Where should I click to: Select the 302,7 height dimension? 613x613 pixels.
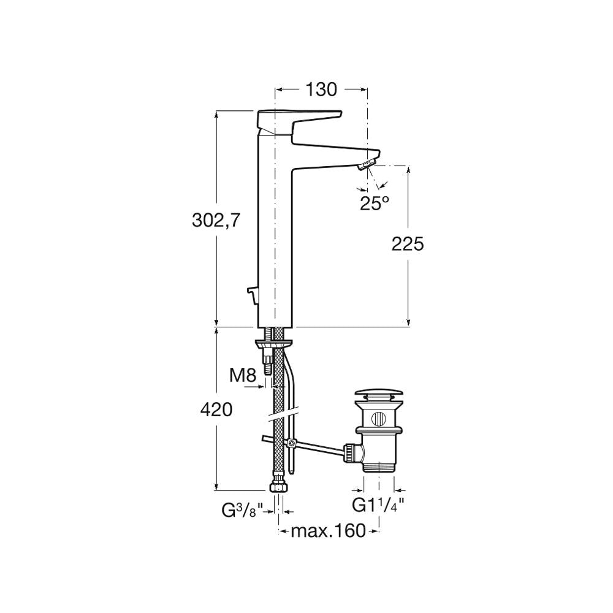[x=215, y=221]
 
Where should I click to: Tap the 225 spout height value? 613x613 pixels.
[x=408, y=245]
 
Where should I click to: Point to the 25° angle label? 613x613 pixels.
[x=375, y=203]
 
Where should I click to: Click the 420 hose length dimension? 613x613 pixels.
[x=216, y=409]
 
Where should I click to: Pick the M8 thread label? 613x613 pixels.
[x=242, y=376]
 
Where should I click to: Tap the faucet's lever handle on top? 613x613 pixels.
[x=299, y=121]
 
